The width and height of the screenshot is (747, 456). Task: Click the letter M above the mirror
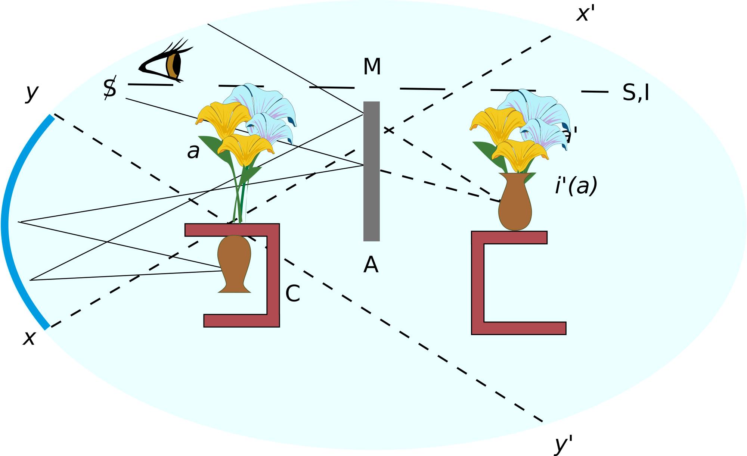pyautogui.click(x=372, y=67)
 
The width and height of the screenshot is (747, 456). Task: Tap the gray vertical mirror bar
pyautogui.click(x=371, y=171)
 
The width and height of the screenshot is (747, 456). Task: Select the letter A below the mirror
pyautogui.click(x=371, y=265)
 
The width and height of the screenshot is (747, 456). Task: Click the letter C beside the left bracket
pyautogui.click(x=292, y=294)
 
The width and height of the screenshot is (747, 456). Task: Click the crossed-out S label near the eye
pyautogui.click(x=110, y=88)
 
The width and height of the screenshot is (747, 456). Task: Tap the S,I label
pyautogui.click(x=635, y=93)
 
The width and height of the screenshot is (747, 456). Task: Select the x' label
pyautogui.click(x=585, y=14)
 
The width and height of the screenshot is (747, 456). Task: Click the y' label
pyautogui.click(x=563, y=444)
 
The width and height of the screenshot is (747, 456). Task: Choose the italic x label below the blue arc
pyautogui.click(x=29, y=338)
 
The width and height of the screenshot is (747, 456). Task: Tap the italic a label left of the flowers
pyautogui.click(x=193, y=152)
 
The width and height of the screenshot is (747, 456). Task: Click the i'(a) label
pyautogui.click(x=576, y=186)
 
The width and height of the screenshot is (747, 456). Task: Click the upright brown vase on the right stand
pyautogui.click(x=515, y=203)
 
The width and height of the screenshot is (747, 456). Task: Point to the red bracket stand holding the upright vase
pyautogui.click(x=478, y=284)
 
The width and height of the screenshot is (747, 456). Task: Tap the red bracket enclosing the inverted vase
pyautogui.click(x=273, y=276)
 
